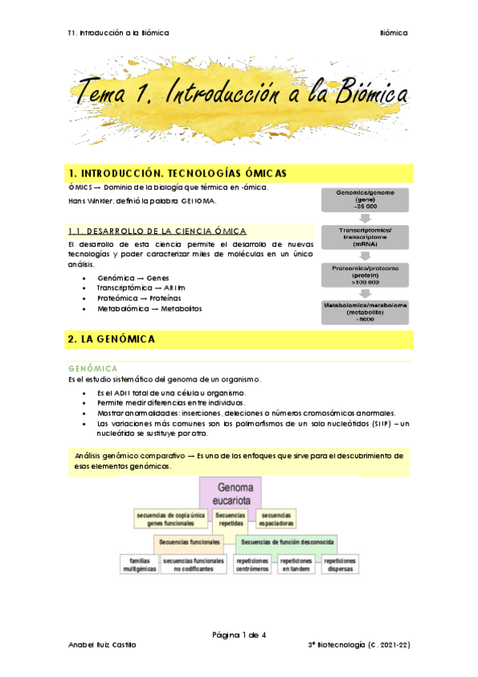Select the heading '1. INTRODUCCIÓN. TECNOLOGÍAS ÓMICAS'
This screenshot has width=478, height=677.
click(x=178, y=172)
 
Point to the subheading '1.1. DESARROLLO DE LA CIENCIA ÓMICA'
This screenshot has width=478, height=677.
click(x=158, y=231)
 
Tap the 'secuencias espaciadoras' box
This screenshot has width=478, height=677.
click(x=277, y=519)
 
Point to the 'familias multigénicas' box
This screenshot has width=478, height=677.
click(x=139, y=565)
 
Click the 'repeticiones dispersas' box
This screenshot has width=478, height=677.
click(x=341, y=565)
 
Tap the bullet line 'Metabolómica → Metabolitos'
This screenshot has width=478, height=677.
click(x=149, y=308)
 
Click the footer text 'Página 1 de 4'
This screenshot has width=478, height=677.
click(x=239, y=635)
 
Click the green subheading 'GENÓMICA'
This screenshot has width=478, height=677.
click(x=93, y=368)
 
